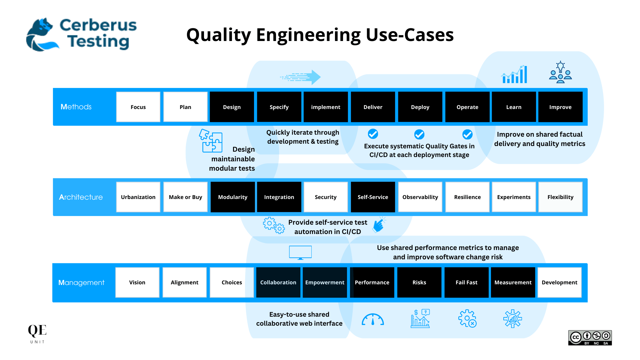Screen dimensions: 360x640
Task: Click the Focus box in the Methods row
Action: (138, 107)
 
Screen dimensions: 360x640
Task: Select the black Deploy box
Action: (420, 107)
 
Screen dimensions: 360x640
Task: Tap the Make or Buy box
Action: (185, 197)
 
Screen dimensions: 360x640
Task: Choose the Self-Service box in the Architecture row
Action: (373, 197)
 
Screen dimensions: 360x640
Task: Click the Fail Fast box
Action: (466, 282)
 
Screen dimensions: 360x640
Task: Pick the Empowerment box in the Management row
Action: (325, 282)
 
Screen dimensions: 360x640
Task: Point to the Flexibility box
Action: (560, 197)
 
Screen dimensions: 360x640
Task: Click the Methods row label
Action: (76, 107)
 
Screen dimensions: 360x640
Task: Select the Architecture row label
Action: (81, 197)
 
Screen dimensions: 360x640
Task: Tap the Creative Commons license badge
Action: (590, 338)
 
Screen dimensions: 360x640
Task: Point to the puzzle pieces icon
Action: (211, 141)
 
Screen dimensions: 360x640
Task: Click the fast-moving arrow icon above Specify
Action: (301, 77)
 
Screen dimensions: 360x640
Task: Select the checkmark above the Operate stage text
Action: (467, 134)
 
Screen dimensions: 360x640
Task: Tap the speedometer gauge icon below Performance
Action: (373, 319)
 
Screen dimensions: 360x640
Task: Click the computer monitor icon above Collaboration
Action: (300, 253)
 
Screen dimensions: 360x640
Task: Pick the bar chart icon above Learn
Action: (514, 74)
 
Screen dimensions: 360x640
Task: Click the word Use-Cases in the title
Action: (410, 35)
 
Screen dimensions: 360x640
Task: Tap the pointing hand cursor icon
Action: (379, 225)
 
